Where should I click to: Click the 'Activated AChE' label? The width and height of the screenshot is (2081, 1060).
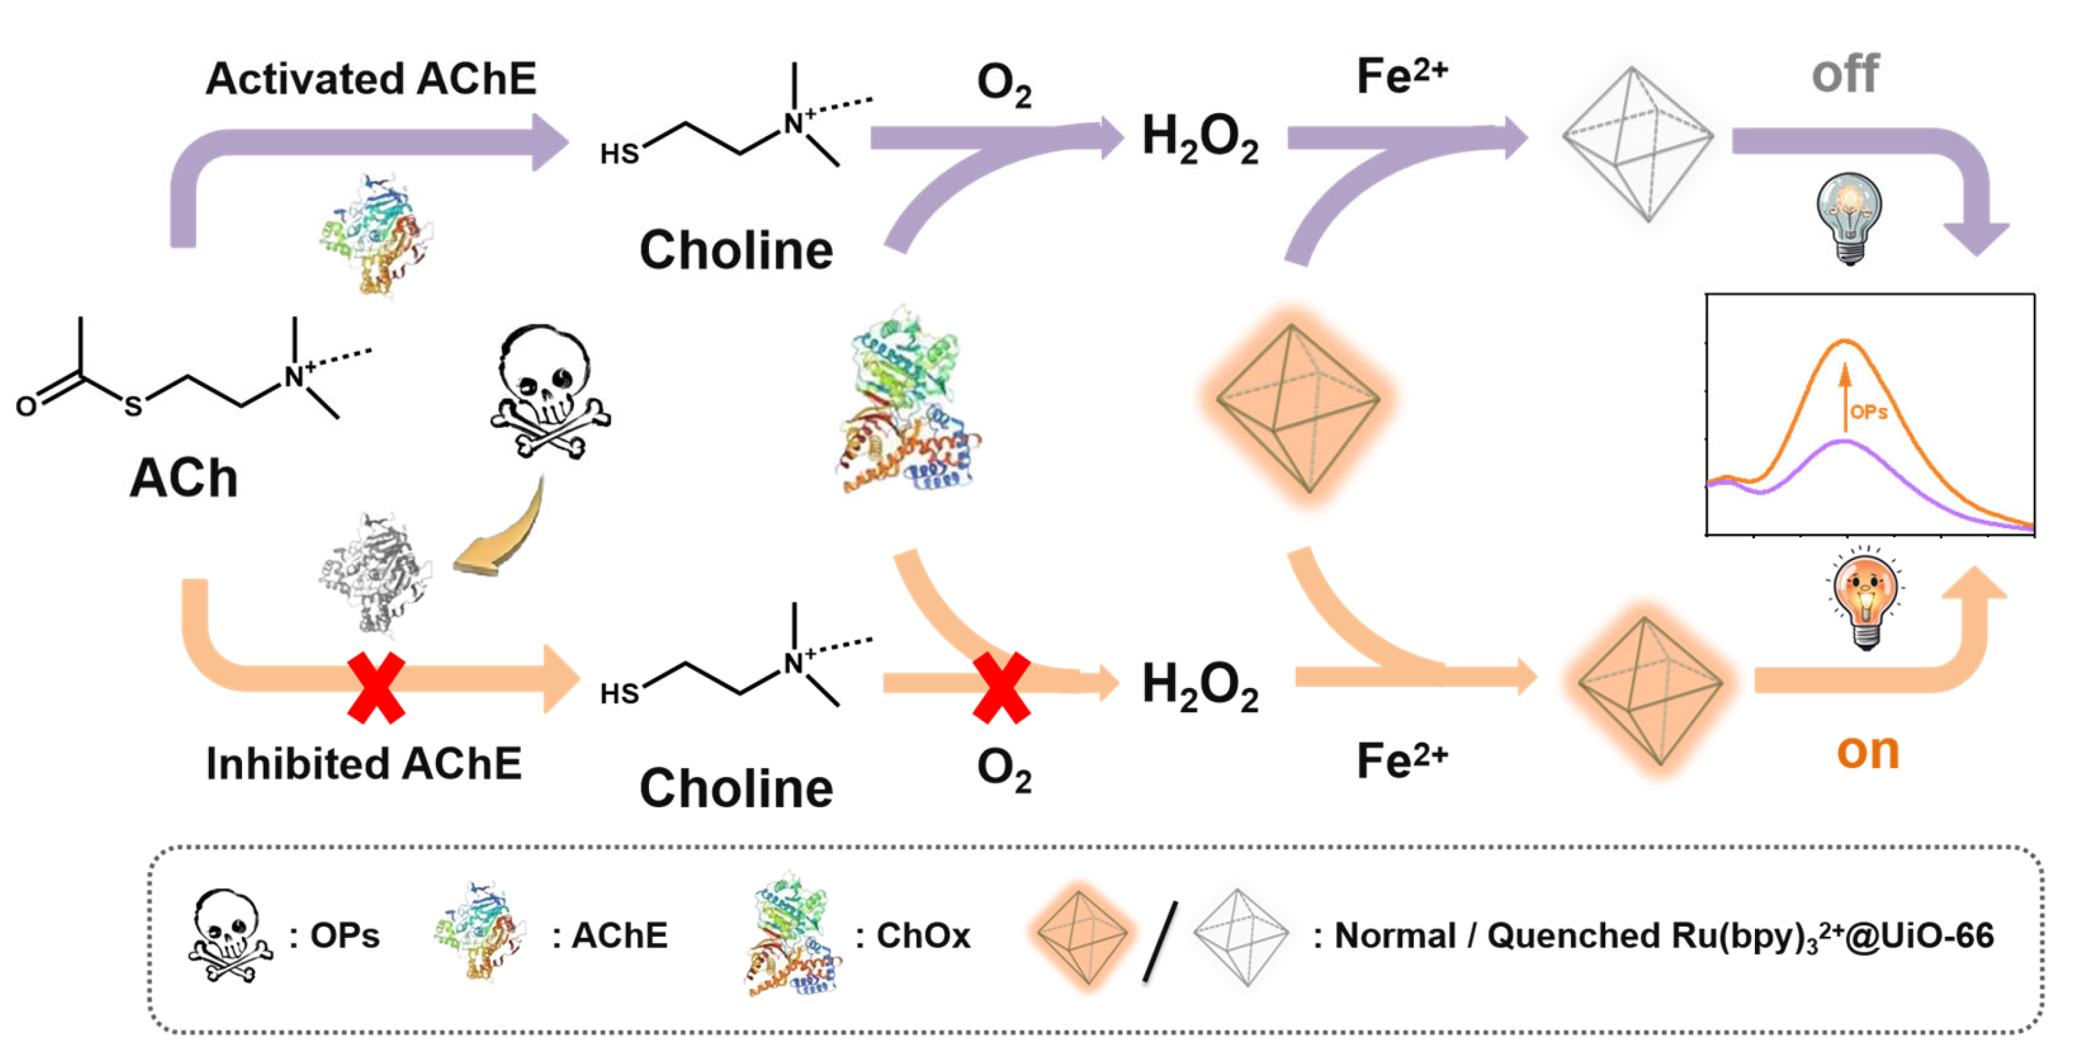coord(371,78)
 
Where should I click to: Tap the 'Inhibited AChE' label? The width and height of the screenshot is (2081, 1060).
coord(363,763)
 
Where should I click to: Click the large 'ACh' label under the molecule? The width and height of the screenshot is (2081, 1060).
coord(183,478)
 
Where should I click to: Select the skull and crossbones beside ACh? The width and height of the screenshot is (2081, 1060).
coord(549,392)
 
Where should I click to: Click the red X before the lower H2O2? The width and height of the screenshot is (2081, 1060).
coord(1001,687)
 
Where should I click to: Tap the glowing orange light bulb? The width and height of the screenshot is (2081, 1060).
coord(1865,598)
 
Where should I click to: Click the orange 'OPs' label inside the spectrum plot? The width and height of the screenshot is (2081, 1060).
coord(1869,412)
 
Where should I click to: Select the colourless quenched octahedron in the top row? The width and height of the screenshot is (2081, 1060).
coord(1637,144)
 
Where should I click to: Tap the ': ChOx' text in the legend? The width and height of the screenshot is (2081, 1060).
coord(913,935)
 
